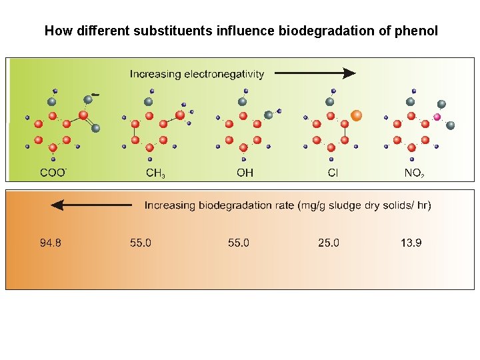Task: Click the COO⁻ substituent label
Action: coord(53,173)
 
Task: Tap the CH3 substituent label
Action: coord(155,173)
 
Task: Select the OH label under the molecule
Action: coord(245,173)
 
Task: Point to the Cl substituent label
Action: coord(333,173)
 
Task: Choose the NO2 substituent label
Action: coord(414,173)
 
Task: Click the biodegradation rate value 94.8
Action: coord(51,243)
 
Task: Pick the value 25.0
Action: coord(328,243)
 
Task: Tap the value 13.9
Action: coord(411,243)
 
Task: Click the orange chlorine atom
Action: coord(357,115)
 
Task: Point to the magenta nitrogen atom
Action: coord(437,117)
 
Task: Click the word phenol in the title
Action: coord(418,31)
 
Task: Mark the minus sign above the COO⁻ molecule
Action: coord(97,94)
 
